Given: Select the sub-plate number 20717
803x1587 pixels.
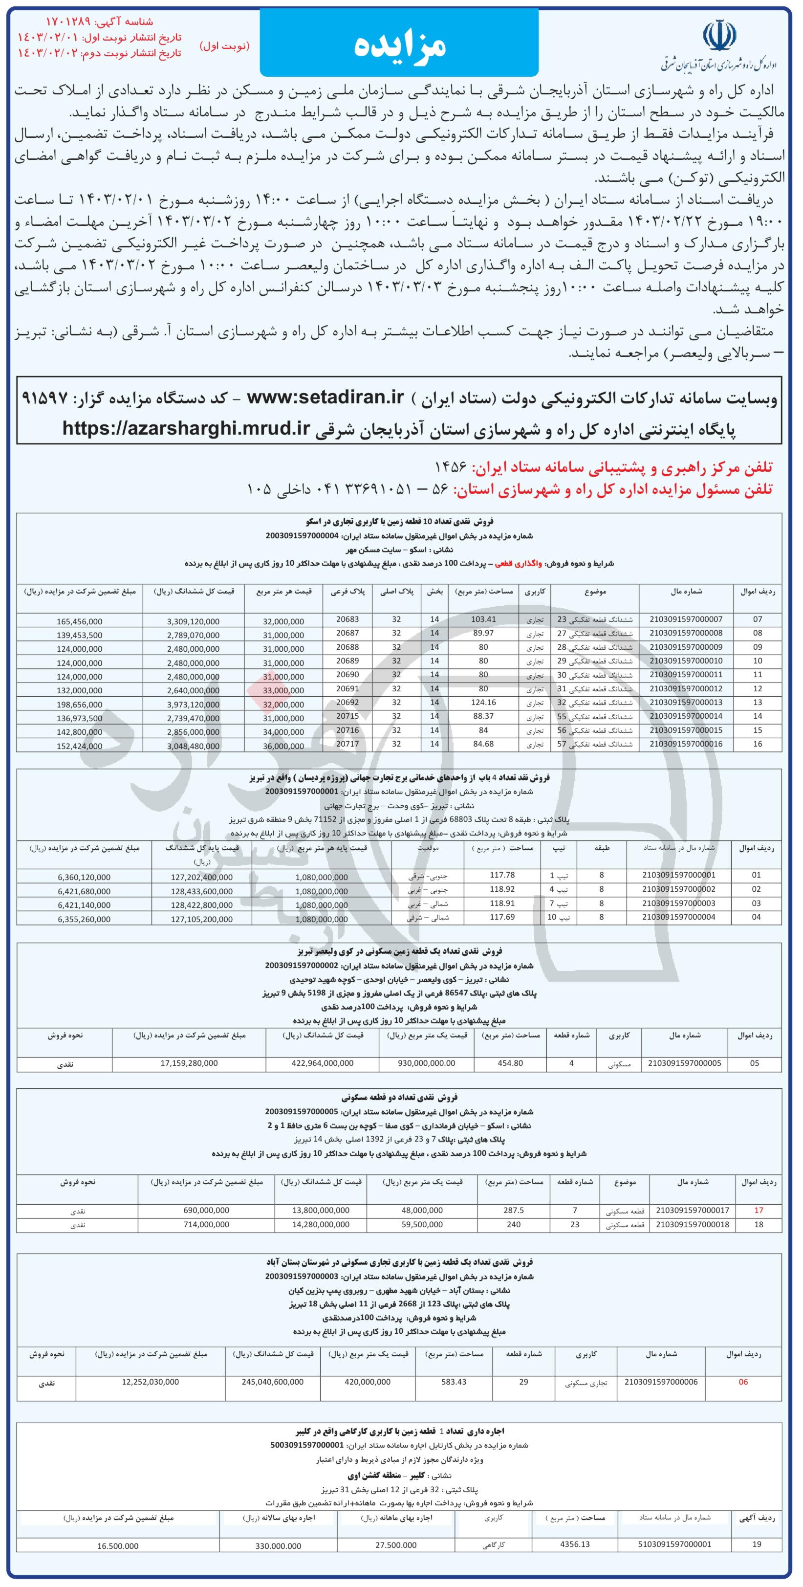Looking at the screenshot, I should click(347, 744).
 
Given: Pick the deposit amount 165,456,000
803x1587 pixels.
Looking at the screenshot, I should click(78, 621).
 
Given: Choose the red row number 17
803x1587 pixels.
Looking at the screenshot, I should click(759, 1210).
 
